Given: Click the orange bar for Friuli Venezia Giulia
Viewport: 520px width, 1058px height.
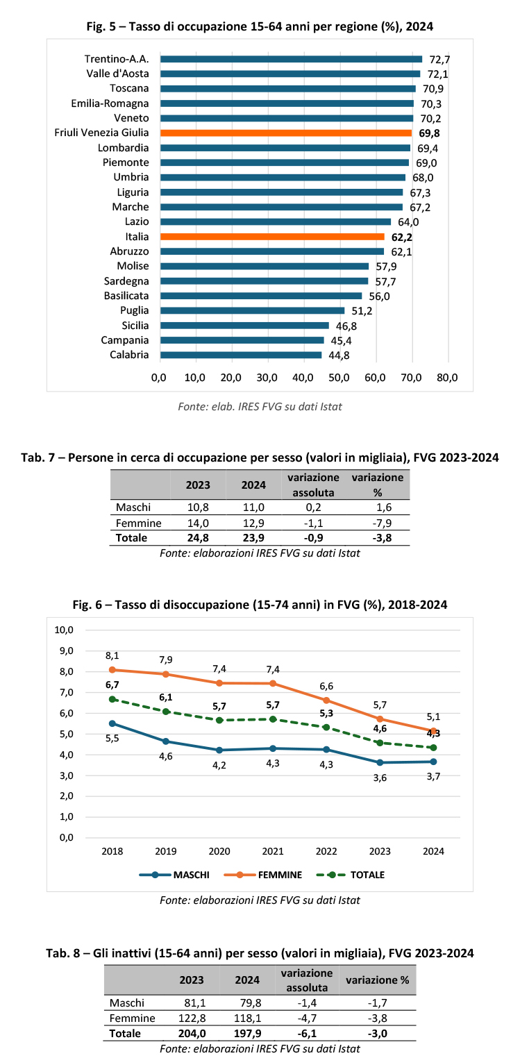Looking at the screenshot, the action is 286,133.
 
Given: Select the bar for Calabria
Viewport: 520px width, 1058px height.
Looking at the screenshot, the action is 241,355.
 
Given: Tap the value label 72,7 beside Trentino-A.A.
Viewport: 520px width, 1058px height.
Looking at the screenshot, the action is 439,60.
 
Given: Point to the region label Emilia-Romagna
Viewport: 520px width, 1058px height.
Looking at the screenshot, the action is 110,103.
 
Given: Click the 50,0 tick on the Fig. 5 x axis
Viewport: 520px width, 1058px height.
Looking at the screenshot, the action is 339,378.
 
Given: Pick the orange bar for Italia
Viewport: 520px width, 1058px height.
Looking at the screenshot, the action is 272,237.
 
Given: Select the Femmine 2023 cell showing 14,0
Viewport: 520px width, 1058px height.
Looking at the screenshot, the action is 198,523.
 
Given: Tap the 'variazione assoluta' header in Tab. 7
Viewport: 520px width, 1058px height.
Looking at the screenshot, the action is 313,485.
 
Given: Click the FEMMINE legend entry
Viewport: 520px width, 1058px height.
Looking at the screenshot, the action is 263,875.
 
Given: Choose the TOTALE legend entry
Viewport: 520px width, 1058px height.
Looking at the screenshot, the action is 350,875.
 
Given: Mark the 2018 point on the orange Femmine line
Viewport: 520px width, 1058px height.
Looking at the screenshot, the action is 112,670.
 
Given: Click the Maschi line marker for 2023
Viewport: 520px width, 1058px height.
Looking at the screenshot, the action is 380,762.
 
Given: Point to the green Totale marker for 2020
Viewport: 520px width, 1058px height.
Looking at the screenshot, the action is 219,721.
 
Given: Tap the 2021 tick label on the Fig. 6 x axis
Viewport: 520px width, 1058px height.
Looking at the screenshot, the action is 273,851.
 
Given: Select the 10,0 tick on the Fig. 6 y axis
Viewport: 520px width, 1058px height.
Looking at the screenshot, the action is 64,630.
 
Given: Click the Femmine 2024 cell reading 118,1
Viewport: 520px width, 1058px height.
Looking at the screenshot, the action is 247,1018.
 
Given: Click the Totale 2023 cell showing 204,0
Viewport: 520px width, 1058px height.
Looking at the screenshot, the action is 192,1034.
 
